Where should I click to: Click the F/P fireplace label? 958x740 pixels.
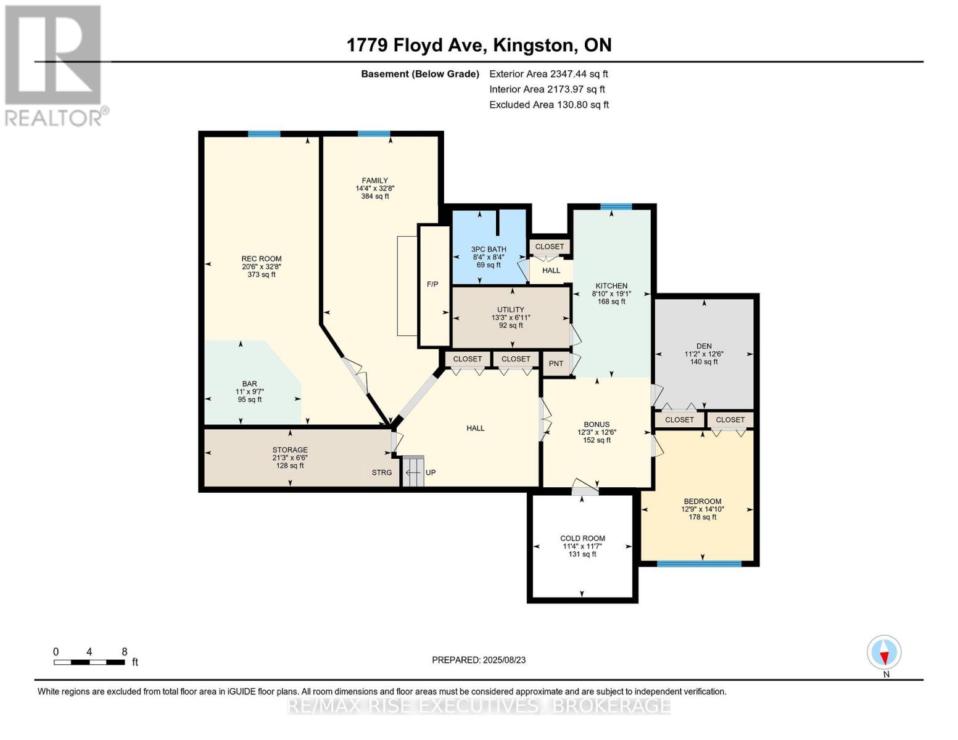click(432, 284)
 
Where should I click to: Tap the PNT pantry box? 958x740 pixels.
click(556, 363)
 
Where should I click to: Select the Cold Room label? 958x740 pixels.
click(582, 538)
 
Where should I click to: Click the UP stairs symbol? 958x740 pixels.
click(413, 472)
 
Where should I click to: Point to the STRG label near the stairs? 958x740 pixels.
click(381, 472)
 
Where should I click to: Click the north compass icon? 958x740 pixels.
click(884, 652)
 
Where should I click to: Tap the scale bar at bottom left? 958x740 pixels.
click(90, 662)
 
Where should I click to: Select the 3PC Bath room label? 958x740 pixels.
click(489, 249)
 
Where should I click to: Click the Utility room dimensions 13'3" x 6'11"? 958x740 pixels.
click(511, 318)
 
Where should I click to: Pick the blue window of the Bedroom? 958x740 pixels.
click(699, 564)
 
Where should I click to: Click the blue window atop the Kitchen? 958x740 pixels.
click(615, 207)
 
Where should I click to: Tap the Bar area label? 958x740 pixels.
click(250, 384)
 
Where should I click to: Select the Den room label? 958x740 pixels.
click(704, 346)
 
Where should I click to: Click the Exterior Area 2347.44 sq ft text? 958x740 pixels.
click(548, 73)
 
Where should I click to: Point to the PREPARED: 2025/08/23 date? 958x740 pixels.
click(479, 660)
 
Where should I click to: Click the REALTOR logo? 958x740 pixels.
click(54, 65)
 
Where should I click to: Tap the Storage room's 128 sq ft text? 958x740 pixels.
click(290, 466)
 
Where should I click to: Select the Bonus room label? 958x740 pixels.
click(597, 424)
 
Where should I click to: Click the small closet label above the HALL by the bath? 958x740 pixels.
click(549, 247)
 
